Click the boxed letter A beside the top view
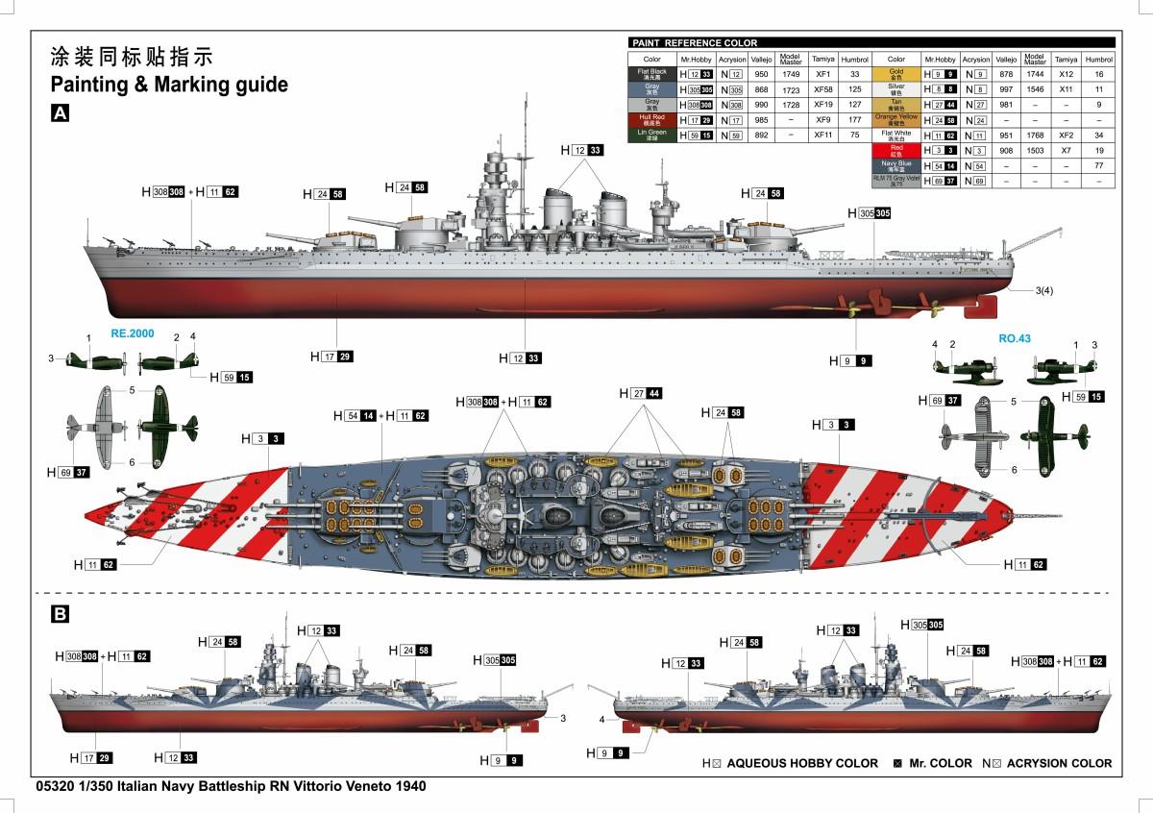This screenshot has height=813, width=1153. pos(60,113)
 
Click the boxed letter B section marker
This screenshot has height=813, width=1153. pos(60,613)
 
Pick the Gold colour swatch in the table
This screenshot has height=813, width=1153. pos(895,74)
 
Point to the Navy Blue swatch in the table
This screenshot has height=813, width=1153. pos(895,166)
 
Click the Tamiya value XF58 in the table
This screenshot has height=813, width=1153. pos(822,89)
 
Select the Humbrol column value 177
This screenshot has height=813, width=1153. pos(854,120)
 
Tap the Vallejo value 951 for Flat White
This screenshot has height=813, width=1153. pos(1005,135)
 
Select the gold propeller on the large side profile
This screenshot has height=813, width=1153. pos(852,308)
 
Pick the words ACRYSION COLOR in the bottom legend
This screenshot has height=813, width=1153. pos(1061,763)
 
